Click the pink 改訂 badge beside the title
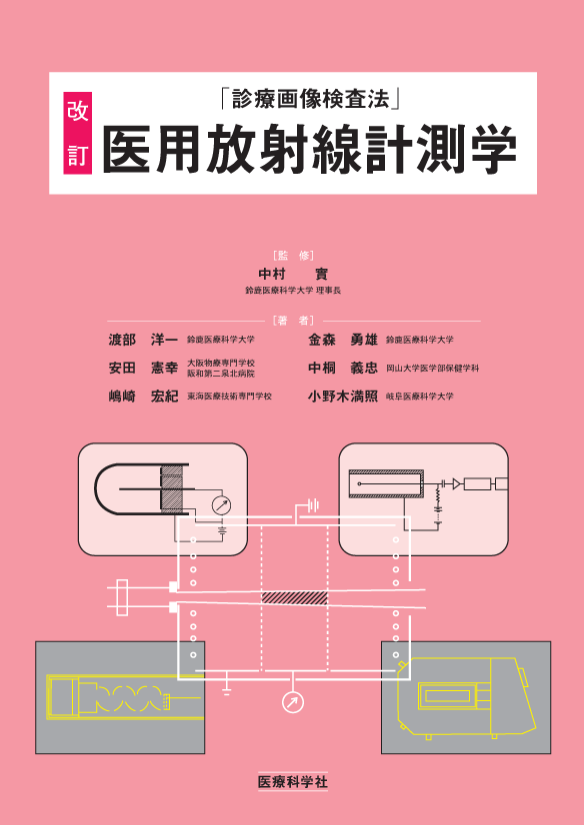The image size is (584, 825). pos(77,133)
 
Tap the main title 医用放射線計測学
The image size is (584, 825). pos(310,149)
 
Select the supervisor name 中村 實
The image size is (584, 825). pos(292,274)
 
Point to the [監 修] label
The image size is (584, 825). pos(293,256)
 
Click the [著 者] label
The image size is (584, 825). pos(293,321)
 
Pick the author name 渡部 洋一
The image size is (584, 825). pos(143,340)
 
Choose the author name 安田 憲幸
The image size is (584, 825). pos(143,369)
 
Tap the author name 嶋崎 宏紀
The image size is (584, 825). pos(143,397)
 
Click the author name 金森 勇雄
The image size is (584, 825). pos(343,340)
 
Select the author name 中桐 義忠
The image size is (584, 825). pos(343,369)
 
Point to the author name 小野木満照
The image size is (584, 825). pos(343,397)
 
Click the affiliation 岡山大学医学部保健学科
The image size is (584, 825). pos(432,369)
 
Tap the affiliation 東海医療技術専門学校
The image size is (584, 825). pos(229,397)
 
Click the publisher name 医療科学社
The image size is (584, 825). pos(292,781)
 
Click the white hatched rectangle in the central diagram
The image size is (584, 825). pos(295,597)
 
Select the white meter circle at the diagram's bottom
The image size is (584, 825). pos(293,702)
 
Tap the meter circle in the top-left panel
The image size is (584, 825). pos(221,505)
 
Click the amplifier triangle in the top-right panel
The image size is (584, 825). pos(456,483)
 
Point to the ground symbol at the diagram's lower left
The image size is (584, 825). pos(227,690)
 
